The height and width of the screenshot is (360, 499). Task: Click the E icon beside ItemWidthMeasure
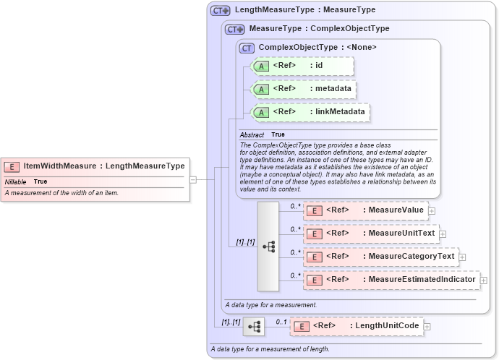tap(13, 166)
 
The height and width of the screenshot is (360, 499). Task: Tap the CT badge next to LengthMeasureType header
tap(220, 11)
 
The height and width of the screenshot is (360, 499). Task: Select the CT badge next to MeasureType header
tap(235, 30)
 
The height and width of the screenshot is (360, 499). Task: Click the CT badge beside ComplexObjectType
tap(247, 48)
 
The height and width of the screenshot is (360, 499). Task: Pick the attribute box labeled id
tap(302, 67)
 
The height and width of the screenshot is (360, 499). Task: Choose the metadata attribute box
tap(303, 89)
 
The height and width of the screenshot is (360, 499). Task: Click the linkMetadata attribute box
tap(310, 112)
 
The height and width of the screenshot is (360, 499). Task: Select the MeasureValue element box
tap(365, 210)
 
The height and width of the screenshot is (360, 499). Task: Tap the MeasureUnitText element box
tap(370, 233)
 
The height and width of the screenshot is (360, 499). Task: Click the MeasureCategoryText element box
tap(380, 257)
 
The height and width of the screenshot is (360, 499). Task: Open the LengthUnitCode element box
tap(356, 326)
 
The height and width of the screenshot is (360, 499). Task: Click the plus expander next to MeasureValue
tap(432, 211)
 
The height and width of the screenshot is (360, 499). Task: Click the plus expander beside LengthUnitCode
tap(427, 327)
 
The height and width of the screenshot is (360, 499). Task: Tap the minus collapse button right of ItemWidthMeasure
tap(193, 179)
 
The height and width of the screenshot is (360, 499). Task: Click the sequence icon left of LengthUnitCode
tap(254, 327)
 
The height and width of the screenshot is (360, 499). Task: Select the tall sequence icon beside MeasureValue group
tap(268, 247)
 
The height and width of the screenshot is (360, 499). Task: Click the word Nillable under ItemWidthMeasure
tap(16, 181)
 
